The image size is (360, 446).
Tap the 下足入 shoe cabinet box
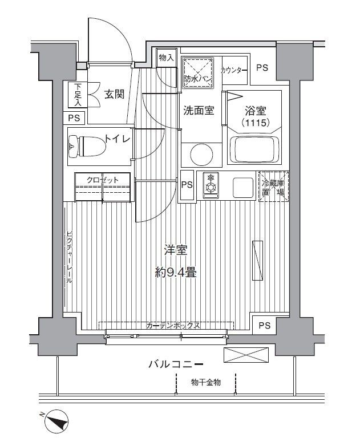click(78, 95)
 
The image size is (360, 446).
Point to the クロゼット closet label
click(103, 180)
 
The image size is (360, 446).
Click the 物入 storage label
click(167, 58)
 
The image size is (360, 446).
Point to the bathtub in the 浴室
click(254, 150)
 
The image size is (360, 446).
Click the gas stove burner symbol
click(210, 185)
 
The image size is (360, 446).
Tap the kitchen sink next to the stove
click(242, 186)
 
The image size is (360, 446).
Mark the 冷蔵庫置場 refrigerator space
click(273, 186)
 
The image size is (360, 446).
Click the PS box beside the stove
click(187, 185)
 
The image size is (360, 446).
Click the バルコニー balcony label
click(176, 363)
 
